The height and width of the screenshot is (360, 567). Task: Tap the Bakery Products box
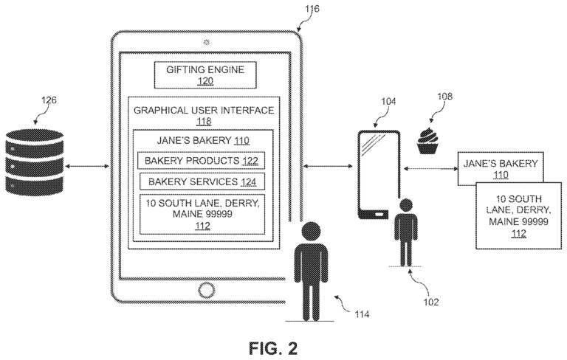coord(201,160)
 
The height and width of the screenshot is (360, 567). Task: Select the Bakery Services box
coord(201,181)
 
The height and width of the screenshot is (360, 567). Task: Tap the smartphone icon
coord(379,174)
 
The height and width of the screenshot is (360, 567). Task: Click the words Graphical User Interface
coord(203,111)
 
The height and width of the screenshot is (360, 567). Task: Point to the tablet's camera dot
coord(204,39)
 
